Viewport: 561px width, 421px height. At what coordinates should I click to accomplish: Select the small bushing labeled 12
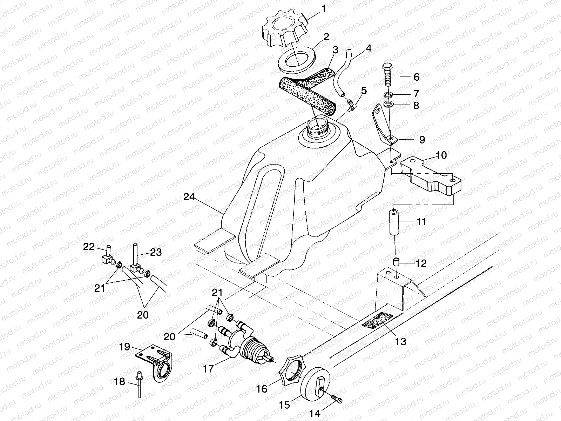(396, 262)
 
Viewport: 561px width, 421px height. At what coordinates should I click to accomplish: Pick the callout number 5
(364, 91)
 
